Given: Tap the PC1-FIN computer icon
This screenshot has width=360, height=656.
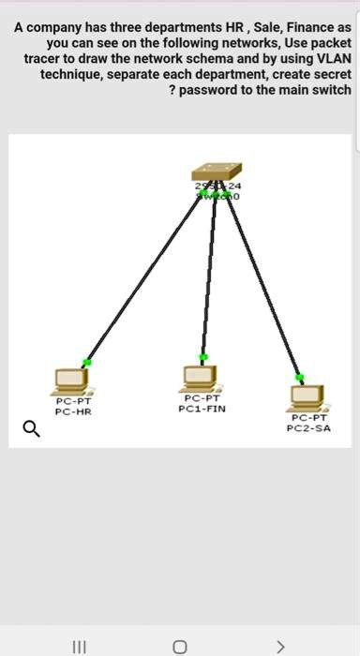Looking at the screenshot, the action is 201,378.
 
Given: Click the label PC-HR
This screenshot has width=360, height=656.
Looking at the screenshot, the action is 72,411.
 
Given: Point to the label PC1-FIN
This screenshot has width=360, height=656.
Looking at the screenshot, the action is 202,409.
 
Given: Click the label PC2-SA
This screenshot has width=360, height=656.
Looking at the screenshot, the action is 307,428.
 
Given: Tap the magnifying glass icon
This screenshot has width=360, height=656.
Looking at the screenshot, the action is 31,429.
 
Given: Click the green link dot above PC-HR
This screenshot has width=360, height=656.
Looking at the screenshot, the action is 87,362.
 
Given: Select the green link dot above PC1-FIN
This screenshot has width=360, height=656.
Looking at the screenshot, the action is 202,357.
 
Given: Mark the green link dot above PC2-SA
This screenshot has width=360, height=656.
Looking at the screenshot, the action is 299,377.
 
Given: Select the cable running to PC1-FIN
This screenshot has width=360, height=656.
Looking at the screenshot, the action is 208,281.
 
